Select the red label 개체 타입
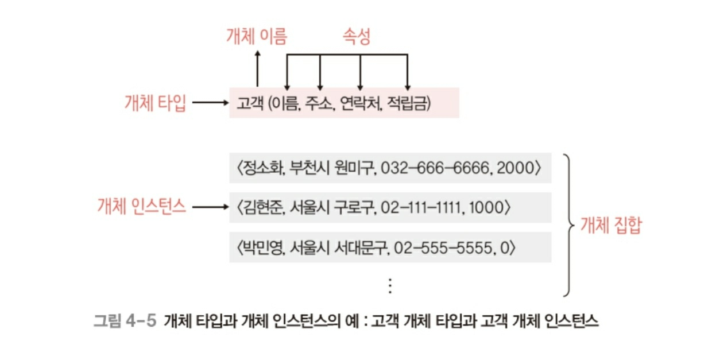tap(156, 103)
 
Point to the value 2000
tap(515, 168)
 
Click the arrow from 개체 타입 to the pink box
tap(211, 104)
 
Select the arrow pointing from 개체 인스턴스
tap(211, 207)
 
